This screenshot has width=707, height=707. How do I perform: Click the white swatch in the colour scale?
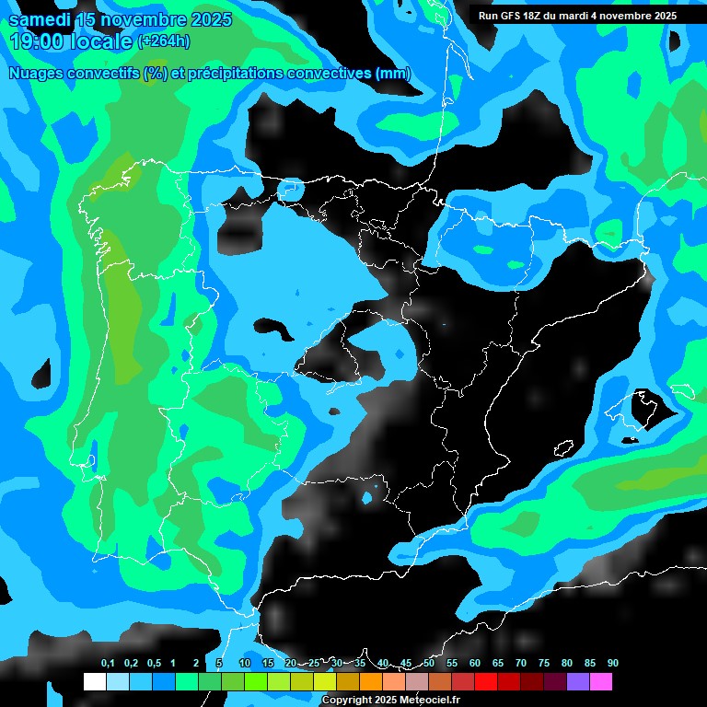[95, 681]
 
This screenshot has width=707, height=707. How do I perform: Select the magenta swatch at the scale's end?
[601, 681]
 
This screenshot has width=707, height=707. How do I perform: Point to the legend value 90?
[612, 664]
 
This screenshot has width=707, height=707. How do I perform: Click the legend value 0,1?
[108, 664]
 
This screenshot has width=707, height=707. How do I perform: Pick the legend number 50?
[429, 664]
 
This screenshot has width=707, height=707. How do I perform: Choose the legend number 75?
[544, 664]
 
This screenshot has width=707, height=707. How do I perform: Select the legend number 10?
[245, 664]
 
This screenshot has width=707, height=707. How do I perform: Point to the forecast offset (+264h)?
[164, 41]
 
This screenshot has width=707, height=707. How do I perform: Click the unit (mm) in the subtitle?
[393, 74]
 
